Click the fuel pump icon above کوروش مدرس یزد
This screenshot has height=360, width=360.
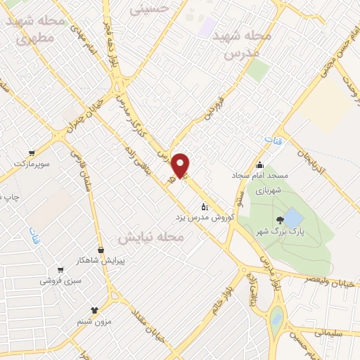tap(205, 206)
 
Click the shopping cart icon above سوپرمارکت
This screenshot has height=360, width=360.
tap(31, 153)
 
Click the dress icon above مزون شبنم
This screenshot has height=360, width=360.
tap(95, 309)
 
